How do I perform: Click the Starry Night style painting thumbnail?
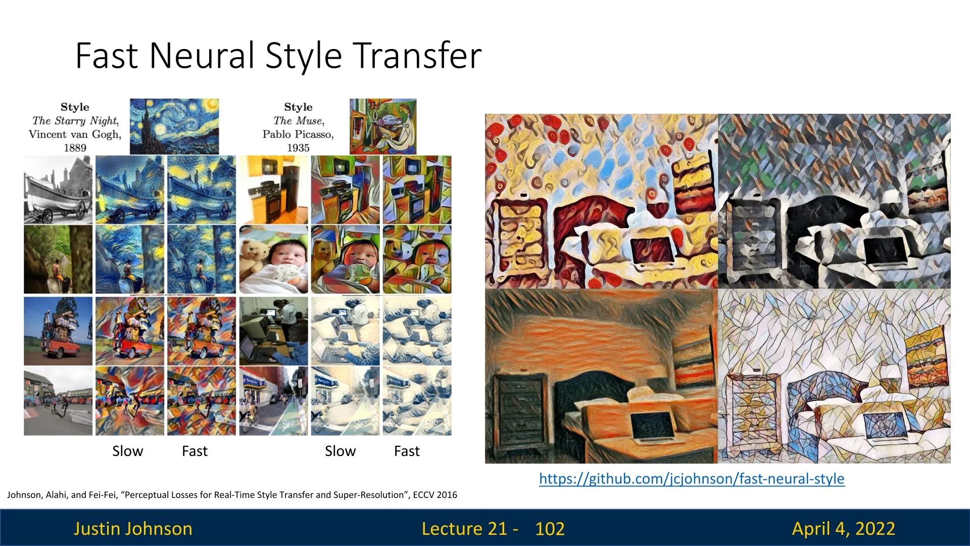pos(174,126)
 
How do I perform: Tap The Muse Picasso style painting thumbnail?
pos(383,126)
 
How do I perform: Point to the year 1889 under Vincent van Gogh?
pos(75,148)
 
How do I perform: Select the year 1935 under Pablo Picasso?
pos(298,148)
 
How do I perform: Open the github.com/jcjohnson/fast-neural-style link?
pos(692,479)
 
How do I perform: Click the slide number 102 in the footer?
pos(550,529)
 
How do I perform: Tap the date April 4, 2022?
pos(844,529)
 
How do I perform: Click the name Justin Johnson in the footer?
pos(133,529)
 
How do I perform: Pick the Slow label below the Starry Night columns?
pos(128,451)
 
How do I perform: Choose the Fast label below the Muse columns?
pos(407,451)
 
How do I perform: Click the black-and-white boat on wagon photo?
pos(58,190)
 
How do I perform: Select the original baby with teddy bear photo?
pos(273,259)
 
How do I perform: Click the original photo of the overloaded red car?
pos(58,331)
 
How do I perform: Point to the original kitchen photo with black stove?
pos(273,190)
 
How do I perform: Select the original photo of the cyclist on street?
pos(273,401)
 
